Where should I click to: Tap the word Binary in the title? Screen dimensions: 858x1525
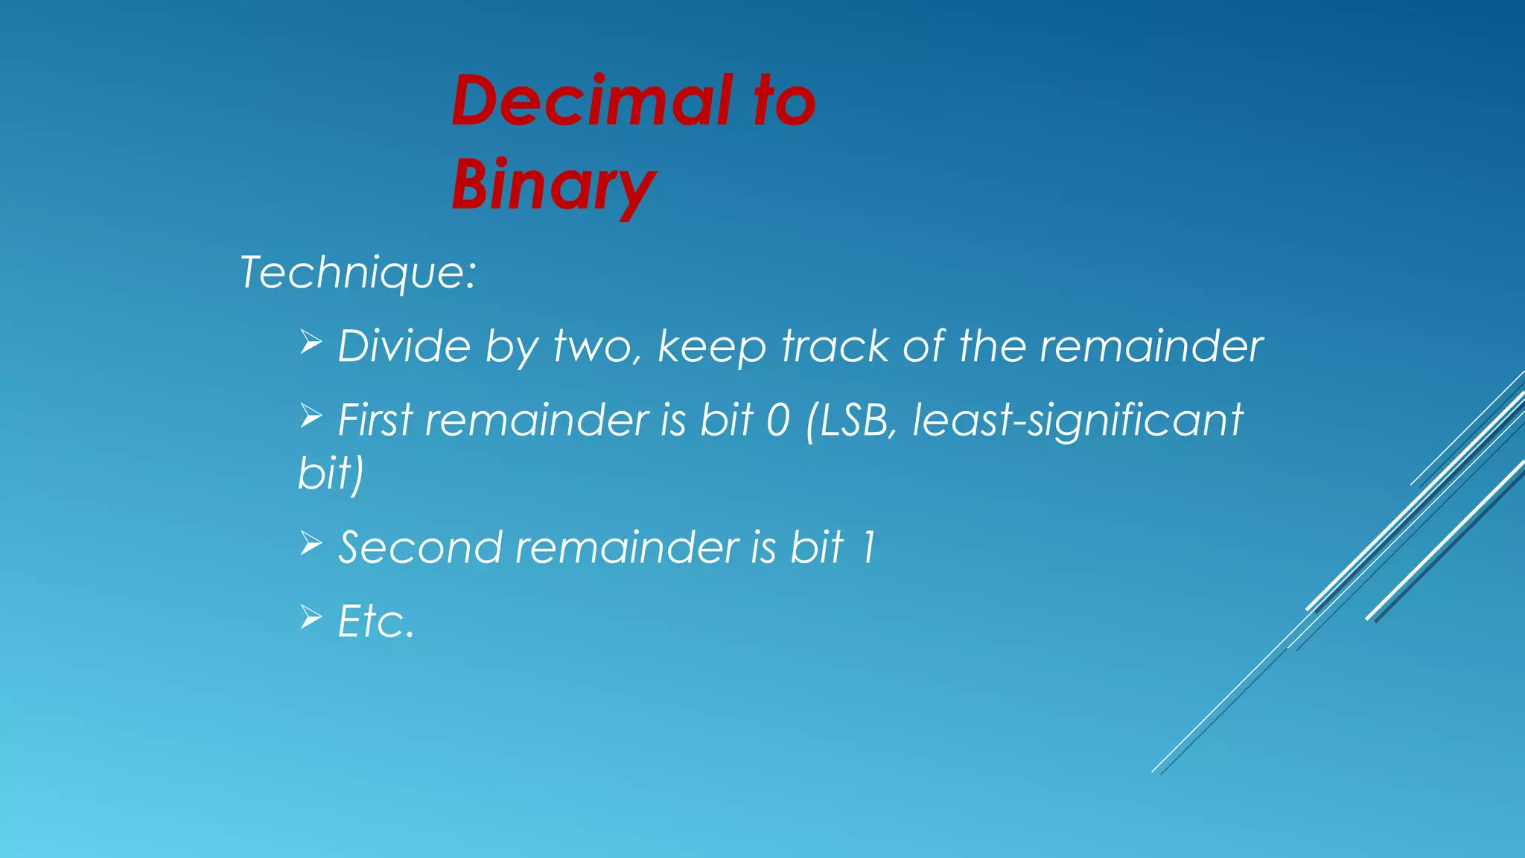coord(553,185)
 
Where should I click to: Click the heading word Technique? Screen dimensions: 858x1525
coord(357,273)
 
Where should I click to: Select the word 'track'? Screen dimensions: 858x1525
coord(835,346)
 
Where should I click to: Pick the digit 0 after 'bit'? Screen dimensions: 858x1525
coord(777,420)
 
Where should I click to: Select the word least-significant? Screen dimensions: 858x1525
coord(1077,420)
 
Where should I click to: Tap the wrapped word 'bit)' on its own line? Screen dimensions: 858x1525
coord(331,473)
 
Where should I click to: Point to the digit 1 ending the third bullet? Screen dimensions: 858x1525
coord(867,547)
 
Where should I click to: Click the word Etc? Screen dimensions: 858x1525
coord(375,621)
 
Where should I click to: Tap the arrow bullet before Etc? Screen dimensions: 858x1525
coord(311,617)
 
